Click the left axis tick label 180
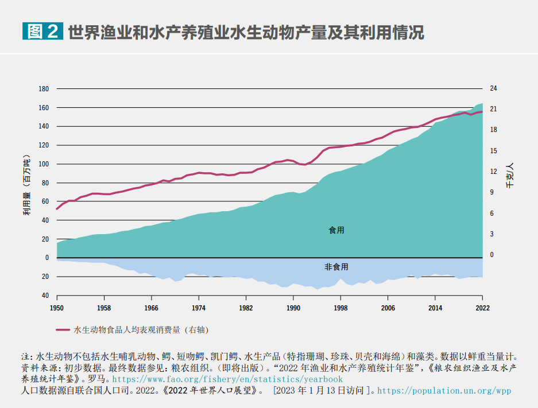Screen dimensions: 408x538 click(44, 89)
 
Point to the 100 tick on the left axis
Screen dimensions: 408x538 click(44, 164)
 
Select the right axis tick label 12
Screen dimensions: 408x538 click(493, 172)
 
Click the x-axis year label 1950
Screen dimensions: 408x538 click(57, 308)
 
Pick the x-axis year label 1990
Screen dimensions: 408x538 click(293, 308)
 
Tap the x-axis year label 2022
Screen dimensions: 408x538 click(482, 308)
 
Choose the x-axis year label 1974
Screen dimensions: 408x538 click(199, 308)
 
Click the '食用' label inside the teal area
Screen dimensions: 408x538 click(336, 230)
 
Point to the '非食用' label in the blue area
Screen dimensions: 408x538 click(336, 267)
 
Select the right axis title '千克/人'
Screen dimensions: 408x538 click(509, 176)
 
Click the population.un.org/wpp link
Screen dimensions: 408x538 click(444, 391)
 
